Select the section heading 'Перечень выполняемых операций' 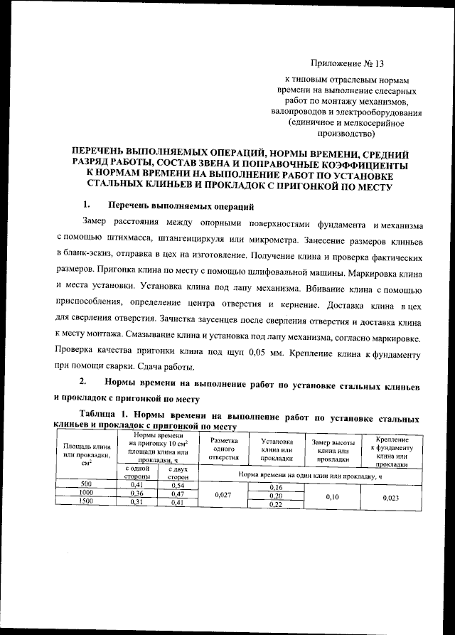coord(178,207)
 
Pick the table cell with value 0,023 coord(388,498)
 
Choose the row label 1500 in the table coord(85,503)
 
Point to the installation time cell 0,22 coord(277,504)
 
